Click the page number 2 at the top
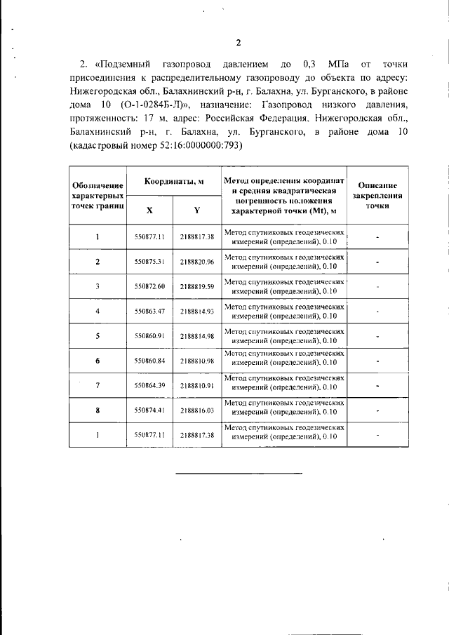(x=238, y=43)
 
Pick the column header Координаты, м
(x=174, y=181)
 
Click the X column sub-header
(x=149, y=209)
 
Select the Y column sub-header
(x=196, y=209)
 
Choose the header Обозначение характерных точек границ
(x=98, y=195)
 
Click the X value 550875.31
(x=149, y=262)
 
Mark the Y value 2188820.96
(x=196, y=262)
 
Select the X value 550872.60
(x=149, y=286)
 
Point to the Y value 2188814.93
(x=196, y=311)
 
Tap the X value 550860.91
(x=149, y=336)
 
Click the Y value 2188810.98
(x=196, y=361)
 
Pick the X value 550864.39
(x=149, y=385)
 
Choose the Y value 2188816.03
(x=196, y=410)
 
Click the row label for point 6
(x=98, y=361)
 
